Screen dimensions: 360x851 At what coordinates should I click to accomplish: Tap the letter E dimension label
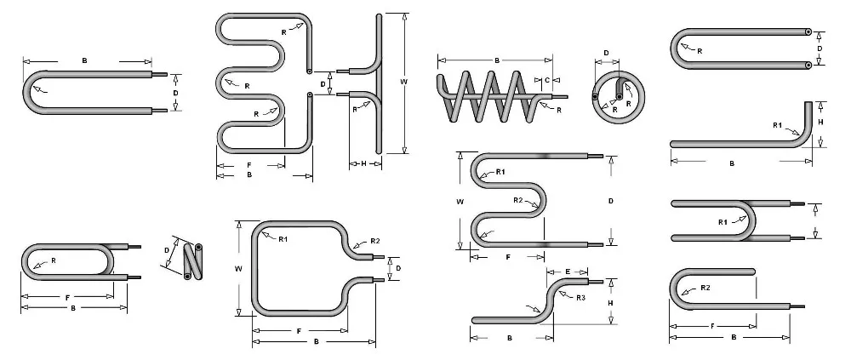567,271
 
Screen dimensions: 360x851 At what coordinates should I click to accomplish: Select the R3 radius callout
580,298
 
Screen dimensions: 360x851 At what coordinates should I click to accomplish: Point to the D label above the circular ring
606,53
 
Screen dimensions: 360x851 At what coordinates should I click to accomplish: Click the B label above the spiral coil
496,60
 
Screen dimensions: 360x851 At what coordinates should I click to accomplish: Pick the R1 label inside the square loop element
283,239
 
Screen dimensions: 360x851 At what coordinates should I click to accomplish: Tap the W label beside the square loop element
239,268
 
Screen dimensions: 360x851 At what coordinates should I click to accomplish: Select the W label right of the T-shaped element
404,83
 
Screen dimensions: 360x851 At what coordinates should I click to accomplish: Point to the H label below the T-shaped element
363,163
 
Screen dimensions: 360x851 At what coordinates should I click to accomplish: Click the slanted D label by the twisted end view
167,250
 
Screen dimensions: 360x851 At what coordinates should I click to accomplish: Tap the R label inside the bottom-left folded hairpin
53,260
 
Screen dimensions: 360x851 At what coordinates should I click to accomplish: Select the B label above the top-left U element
84,60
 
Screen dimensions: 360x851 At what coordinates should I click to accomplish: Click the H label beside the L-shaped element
820,123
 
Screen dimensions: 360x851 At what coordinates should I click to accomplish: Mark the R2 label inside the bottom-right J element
705,289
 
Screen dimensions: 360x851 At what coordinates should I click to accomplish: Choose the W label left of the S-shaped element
460,202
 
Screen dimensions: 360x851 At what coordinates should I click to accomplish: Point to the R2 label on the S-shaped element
517,199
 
